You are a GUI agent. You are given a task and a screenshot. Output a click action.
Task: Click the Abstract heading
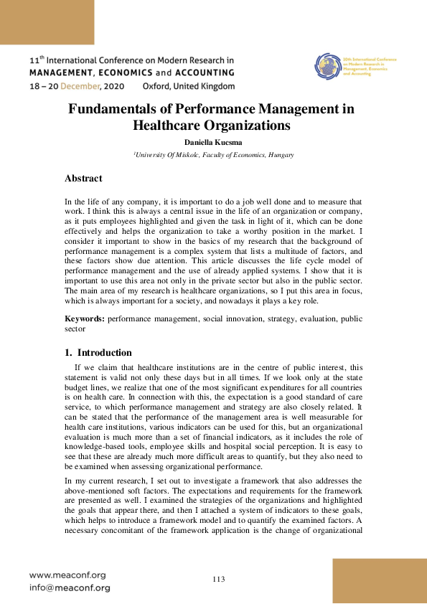(83, 179)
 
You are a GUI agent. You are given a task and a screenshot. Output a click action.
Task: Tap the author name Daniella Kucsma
(213, 143)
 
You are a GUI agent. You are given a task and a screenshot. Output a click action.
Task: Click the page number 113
(220, 579)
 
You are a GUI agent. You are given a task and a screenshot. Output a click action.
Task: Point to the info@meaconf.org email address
(70, 588)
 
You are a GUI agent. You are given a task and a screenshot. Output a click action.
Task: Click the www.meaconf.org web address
(67, 575)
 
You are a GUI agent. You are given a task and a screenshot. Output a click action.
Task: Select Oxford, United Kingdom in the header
(189, 86)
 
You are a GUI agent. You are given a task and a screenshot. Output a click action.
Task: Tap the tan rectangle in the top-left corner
(47, 22)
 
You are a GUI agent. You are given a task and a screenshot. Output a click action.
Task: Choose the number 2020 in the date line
(118, 86)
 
